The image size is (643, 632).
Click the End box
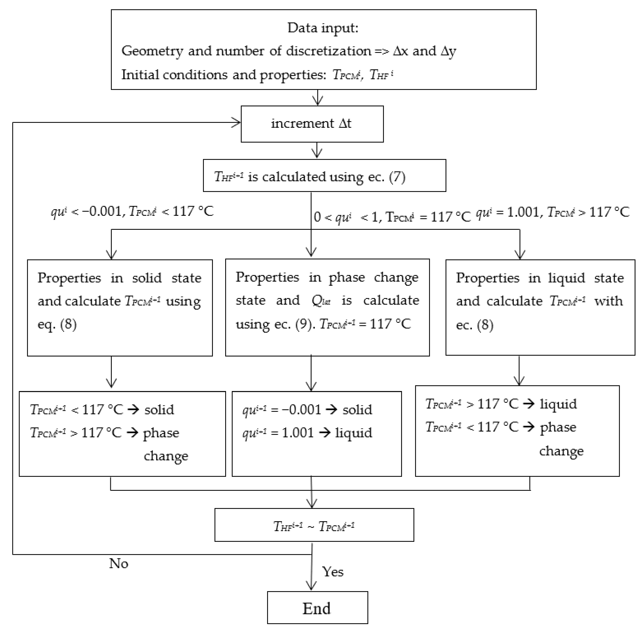(x=317, y=608)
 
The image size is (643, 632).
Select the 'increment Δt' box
(x=312, y=124)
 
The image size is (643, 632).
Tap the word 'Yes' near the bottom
(x=332, y=572)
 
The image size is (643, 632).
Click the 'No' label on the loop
(x=118, y=563)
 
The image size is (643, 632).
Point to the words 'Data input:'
(x=323, y=28)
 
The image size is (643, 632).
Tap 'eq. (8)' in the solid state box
(x=57, y=324)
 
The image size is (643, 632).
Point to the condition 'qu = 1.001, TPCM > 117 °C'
(x=552, y=212)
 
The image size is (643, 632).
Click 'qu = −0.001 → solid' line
(x=307, y=410)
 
